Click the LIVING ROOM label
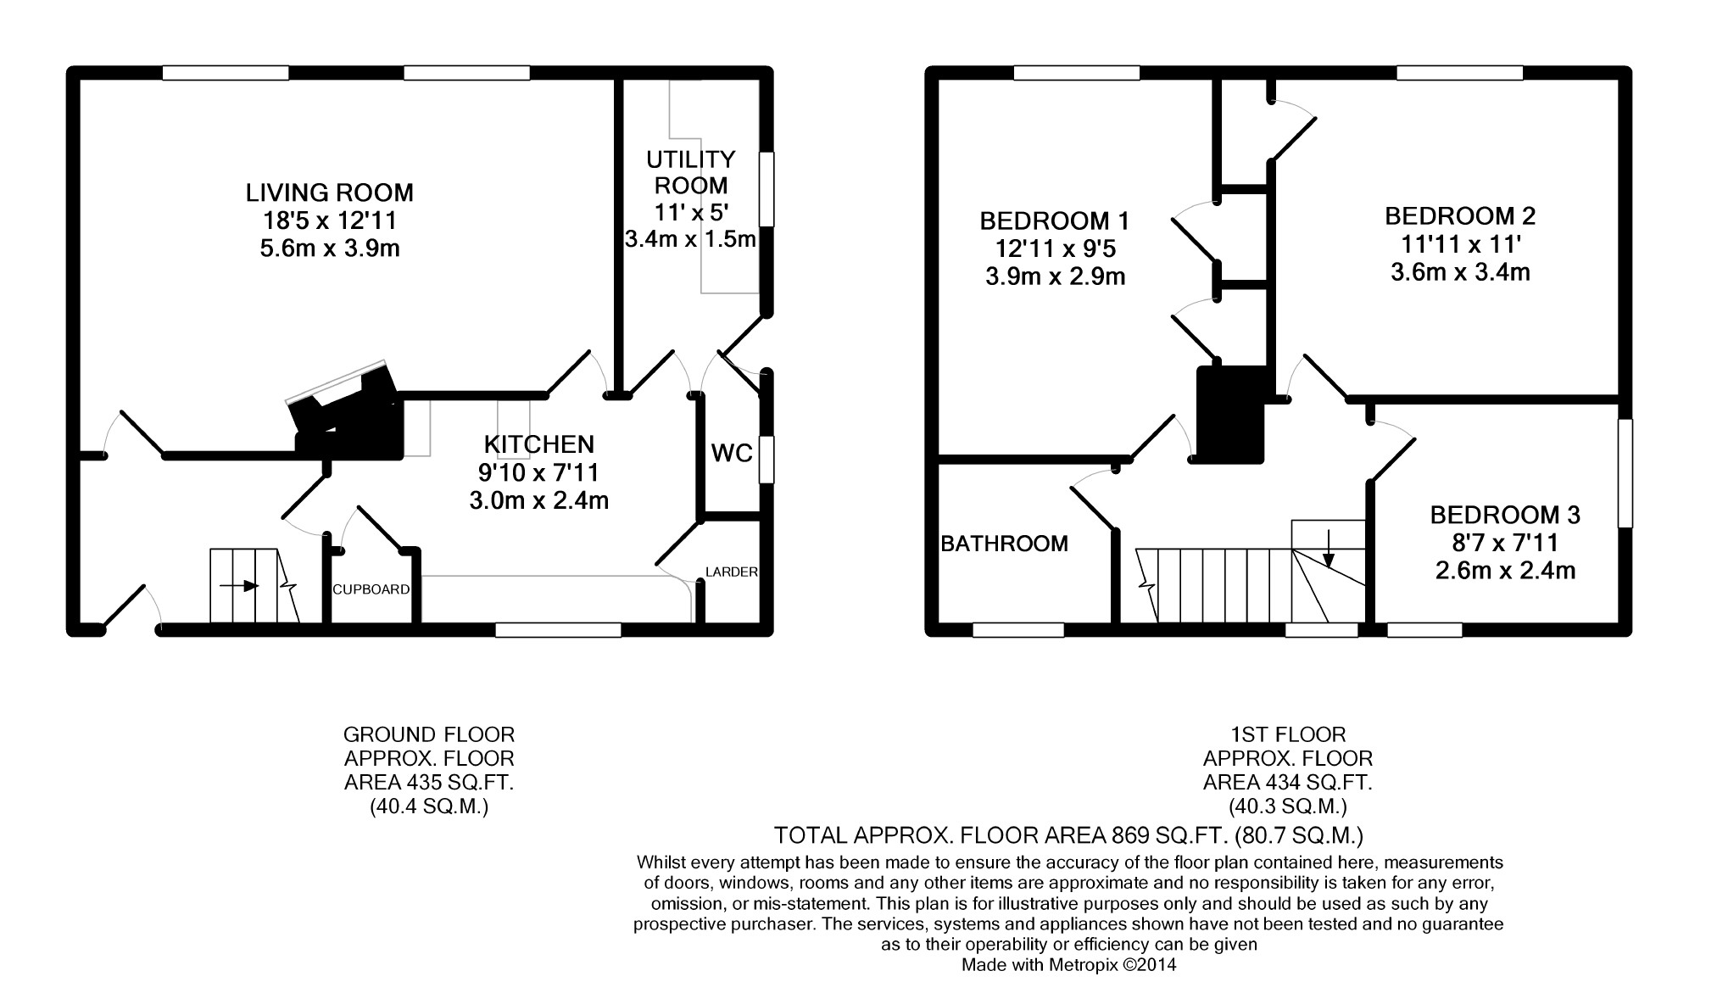330,192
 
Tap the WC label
732,454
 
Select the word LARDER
732,572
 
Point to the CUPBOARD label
371,589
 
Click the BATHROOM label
1005,544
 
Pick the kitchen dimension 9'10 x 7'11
539,472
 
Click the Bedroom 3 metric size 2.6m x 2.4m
1505,571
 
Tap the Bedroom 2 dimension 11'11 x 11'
1461,244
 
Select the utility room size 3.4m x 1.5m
690,239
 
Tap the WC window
767,460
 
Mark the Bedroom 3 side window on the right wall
1625,473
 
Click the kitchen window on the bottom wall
559,629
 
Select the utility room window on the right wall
767,189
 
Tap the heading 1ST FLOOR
1288,734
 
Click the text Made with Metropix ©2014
1068,964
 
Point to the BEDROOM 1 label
1054,221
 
